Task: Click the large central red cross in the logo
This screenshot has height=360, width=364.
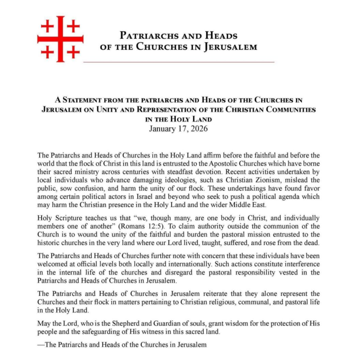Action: pos(60,39)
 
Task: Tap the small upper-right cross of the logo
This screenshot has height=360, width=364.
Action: pos(73,26)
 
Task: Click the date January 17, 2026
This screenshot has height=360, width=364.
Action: pos(179,129)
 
